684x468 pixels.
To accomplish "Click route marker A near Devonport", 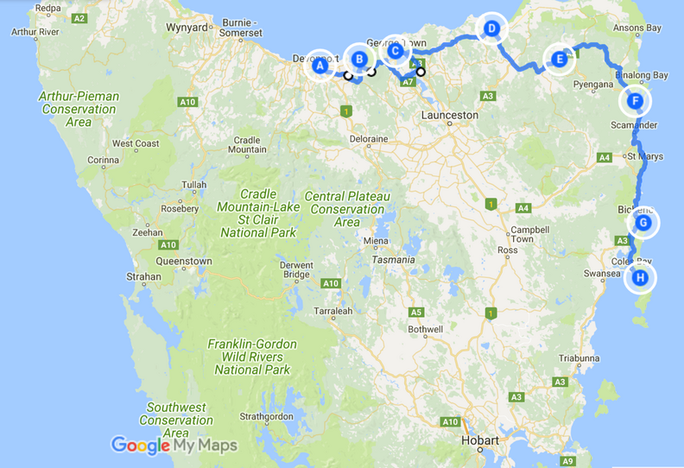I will click(x=320, y=65).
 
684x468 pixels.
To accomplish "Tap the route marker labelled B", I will click(x=360, y=60).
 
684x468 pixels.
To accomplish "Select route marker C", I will click(x=396, y=52).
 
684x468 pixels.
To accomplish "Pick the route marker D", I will click(x=491, y=28).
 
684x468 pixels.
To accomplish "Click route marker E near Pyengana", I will click(x=560, y=60).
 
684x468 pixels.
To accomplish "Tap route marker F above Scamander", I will click(x=636, y=101).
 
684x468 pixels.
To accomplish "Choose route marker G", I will click(x=643, y=223).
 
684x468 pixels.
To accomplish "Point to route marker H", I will click(x=640, y=277).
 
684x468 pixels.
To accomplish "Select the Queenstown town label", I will click(x=184, y=261).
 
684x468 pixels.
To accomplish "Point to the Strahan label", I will click(x=143, y=277).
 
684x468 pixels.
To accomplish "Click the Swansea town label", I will click(x=603, y=273).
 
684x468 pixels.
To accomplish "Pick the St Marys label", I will click(x=644, y=157).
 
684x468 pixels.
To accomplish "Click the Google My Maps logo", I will click(x=174, y=446).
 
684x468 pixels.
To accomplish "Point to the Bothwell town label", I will click(x=425, y=329).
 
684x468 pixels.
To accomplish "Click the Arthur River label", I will click(x=35, y=32).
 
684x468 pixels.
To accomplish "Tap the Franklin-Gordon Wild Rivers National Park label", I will click(x=251, y=357).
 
